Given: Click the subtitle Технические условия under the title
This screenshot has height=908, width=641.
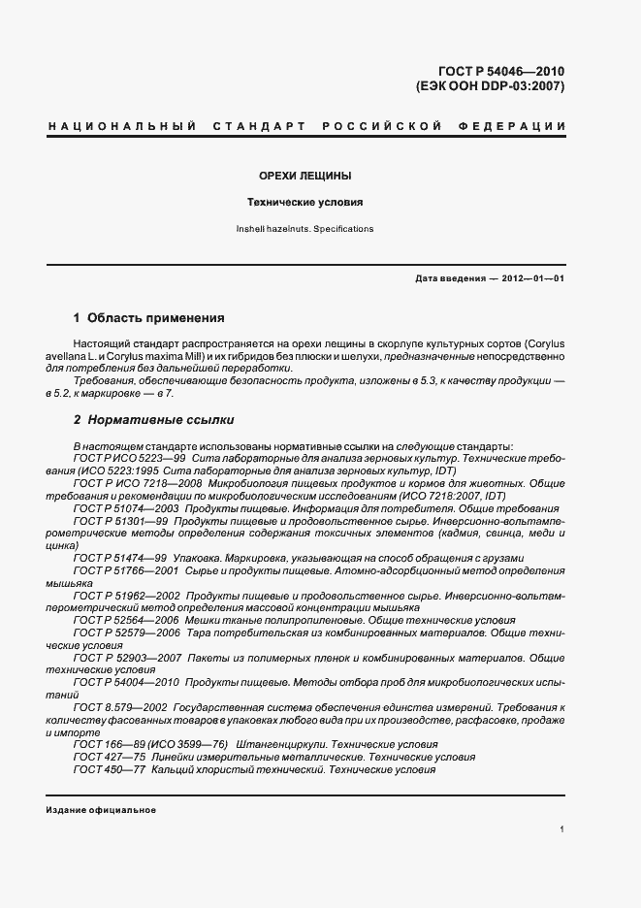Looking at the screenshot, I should [304, 204].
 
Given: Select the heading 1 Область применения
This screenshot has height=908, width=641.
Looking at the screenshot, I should [149, 317].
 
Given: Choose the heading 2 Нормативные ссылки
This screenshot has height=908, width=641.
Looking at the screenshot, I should [153, 420].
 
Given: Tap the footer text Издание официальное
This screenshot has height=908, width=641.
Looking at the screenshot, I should [101, 810].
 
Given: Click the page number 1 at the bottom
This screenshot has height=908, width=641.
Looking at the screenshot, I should [561, 830].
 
